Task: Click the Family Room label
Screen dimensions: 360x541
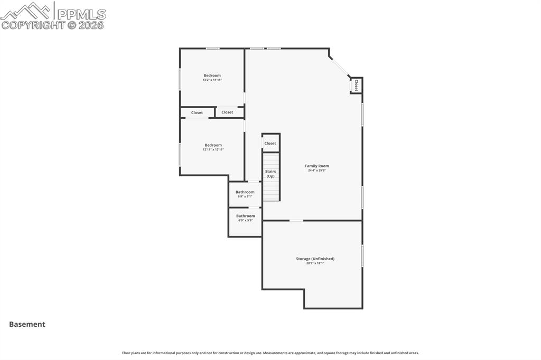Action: (x=316, y=166)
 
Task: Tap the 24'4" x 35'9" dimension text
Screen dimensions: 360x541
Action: (x=316, y=170)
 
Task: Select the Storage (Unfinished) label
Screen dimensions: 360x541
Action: (x=315, y=259)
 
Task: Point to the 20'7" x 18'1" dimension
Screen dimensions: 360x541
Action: (x=315, y=263)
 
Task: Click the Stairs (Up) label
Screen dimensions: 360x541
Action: (x=270, y=174)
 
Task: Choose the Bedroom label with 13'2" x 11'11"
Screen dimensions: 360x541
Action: (x=212, y=75)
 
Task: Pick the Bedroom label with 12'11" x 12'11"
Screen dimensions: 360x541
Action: (x=213, y=145)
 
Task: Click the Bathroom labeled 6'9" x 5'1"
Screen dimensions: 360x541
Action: (x=245, y=192)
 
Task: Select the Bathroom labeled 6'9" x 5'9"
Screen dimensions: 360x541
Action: (x=245, y=216)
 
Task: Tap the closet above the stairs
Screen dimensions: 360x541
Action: (x=270, y=143)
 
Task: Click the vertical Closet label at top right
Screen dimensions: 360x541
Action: (x=356, y=85)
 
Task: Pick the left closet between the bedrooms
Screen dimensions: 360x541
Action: (x=197, y=112)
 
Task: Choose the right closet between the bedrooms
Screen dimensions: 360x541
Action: (x=227, y=112)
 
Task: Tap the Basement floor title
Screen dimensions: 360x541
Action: (x=27, y=324)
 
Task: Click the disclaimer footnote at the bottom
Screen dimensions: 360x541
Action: (x=270, y=353)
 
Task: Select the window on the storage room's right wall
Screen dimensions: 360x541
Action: (x=362, y=255)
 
